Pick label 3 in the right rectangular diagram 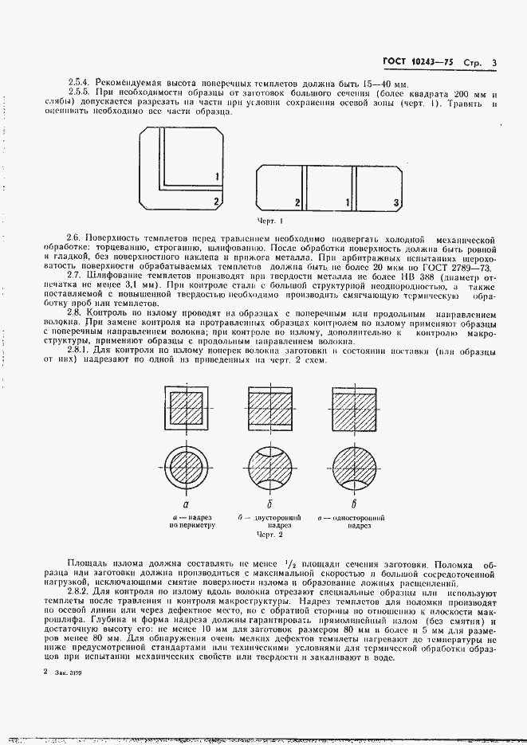point(396,203)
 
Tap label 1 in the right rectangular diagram point(348,203)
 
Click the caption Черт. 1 point(270,220)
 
